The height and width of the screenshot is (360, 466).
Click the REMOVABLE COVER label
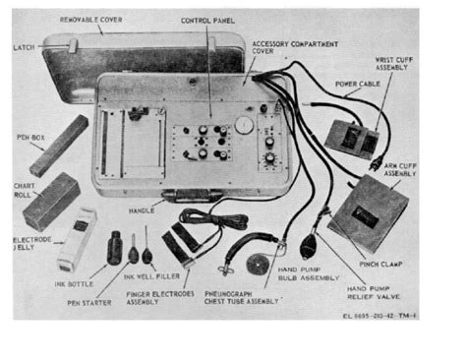(x=91, y=19)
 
